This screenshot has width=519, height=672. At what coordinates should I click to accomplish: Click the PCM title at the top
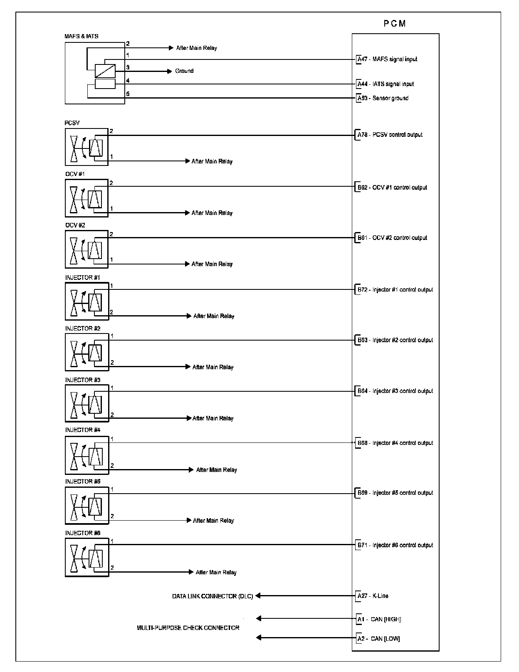(395, 24)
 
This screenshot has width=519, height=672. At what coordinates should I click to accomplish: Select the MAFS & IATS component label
(82, 36)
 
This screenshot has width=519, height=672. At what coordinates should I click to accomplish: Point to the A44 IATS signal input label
(386, 84)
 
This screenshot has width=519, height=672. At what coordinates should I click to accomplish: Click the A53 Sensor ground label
(383, 98)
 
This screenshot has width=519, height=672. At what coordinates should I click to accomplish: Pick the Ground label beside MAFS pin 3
(184, 71)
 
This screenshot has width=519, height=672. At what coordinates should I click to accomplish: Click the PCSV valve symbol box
(86, 147)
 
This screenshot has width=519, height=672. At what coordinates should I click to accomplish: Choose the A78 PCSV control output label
(390, 135)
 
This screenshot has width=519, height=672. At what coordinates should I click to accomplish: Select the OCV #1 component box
(86, 198)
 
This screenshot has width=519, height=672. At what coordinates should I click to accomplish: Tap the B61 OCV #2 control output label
(392, 238)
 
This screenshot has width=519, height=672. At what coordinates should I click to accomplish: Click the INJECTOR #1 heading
(83, 277)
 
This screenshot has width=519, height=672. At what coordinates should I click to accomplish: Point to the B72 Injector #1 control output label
(395, 289)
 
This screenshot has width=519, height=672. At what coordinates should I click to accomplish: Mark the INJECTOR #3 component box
(87, 403)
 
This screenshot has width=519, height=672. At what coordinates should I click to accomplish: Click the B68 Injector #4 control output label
(395, 443)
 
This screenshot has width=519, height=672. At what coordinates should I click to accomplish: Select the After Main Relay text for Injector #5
(213, 521)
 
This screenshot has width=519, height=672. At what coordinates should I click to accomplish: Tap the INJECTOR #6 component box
(87, 557)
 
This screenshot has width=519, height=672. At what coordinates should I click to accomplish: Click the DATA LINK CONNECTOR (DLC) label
(213, 596)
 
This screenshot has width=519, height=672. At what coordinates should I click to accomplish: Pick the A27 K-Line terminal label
(373, 596)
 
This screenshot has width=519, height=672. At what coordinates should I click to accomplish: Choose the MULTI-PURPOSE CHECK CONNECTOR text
(188, 628)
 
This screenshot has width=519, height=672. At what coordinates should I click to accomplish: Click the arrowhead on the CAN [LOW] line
(259, 637)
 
